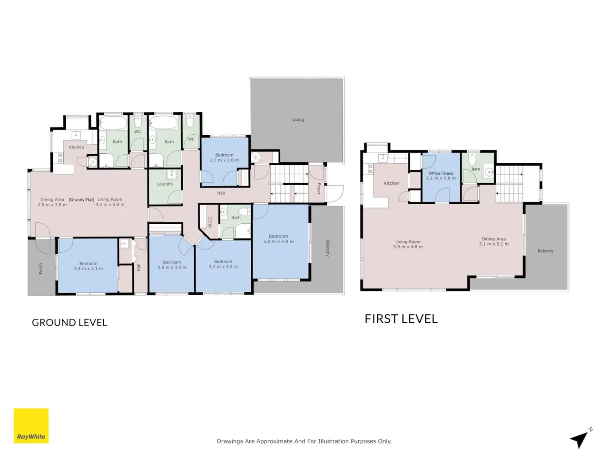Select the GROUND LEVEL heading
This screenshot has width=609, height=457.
click(69, 322)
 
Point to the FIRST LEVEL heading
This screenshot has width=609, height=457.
click(401, 319)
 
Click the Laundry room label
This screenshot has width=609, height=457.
click(165, 184)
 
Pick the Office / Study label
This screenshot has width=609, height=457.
click(441, 173)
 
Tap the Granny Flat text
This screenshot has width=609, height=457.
click(81, 199)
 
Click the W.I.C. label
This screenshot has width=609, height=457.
click(210, 221)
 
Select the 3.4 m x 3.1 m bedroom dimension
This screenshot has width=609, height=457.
click(88, 268)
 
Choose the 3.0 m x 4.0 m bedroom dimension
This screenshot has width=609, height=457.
click(278, 241)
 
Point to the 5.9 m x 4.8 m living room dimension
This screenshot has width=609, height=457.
click(408, 247)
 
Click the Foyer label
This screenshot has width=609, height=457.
click(319, 189)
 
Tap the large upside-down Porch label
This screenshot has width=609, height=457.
click(298, 120)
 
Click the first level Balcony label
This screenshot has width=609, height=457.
click(545, 251)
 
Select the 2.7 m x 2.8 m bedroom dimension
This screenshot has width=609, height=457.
click(225, 160)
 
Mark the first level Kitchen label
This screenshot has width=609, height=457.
click(392, 183)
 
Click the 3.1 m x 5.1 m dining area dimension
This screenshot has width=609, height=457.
click(493, 244)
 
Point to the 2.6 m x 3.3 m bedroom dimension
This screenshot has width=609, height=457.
click(172, 267)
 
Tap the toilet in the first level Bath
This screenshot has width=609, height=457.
click(471, 159)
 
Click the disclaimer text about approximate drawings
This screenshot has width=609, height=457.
click(304, 441)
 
